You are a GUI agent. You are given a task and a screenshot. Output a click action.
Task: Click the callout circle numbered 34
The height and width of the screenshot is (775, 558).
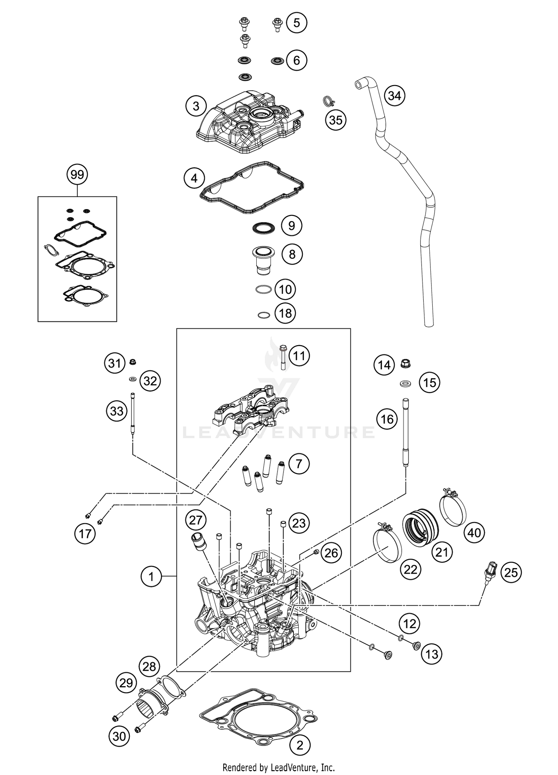coord(394,96)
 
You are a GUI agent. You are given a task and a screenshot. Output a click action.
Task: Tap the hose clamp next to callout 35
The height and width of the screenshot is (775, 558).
coord(327,101)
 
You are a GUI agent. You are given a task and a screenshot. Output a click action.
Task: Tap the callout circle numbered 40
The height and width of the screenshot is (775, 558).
coord(474,533)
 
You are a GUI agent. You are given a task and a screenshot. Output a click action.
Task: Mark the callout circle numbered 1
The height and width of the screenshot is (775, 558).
coord(151,577)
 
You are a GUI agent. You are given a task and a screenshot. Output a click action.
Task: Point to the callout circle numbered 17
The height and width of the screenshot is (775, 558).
coord(85,534)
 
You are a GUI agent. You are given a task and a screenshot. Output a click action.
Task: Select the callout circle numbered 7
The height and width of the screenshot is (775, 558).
coord(298,464)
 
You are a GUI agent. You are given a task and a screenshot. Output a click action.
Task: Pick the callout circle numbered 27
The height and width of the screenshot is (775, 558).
coord(196,520)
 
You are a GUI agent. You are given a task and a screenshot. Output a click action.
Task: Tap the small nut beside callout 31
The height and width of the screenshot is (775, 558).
coord(132,362)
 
